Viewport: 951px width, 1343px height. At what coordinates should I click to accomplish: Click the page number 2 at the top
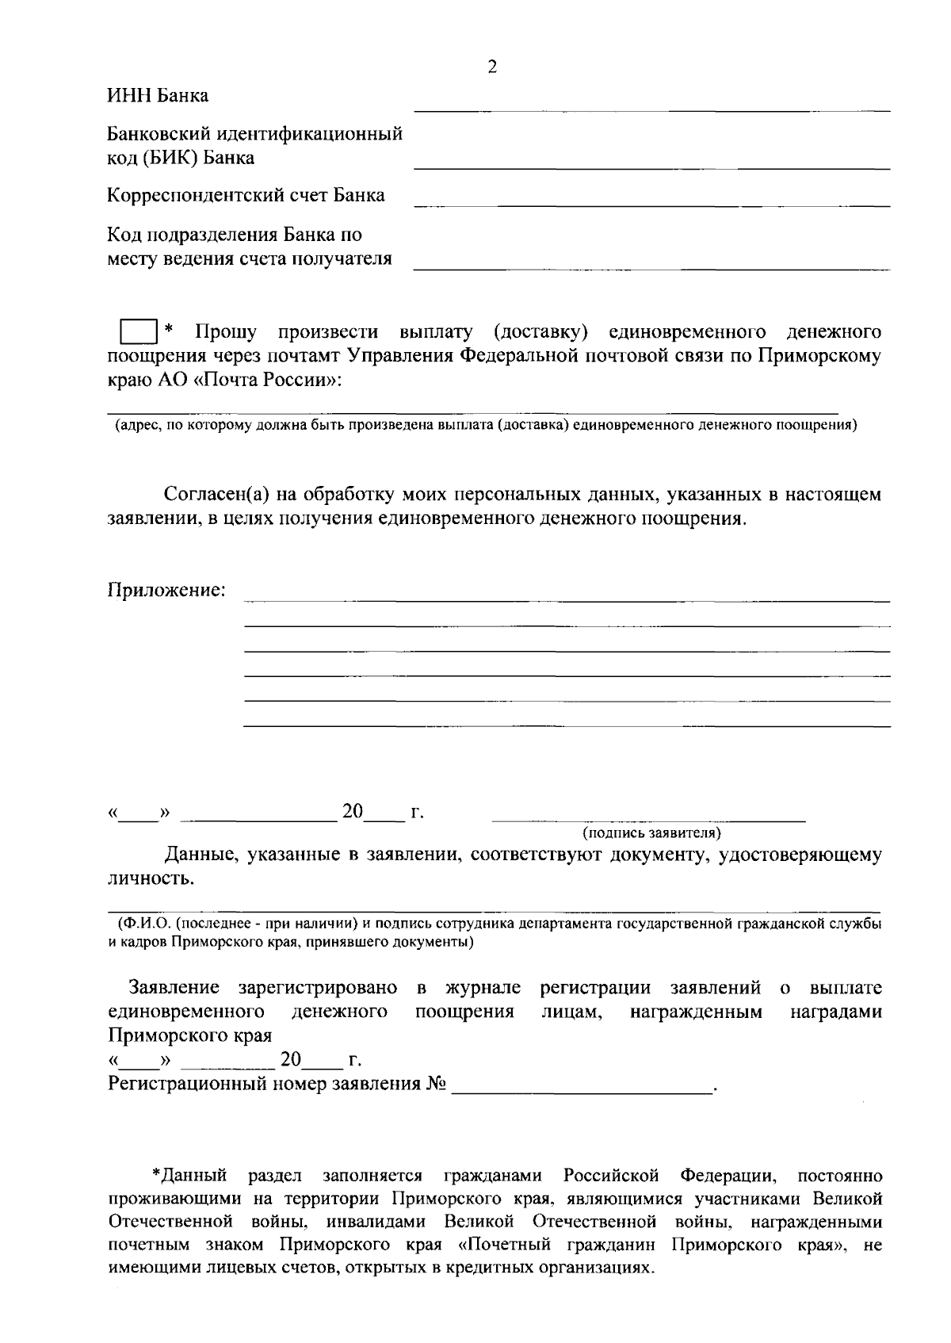pos(492,68)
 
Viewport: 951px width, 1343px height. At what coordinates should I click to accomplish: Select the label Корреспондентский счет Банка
pos(246,195)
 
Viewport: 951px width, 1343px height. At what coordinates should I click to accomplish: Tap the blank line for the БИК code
pos(651,168)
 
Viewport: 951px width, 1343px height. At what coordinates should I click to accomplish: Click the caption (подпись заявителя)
pos(651,833)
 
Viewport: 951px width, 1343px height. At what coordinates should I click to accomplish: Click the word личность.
pos(151,878)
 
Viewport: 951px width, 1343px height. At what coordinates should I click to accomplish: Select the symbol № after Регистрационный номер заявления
pos(435,1085)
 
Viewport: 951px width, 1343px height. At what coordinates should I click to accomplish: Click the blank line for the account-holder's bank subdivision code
pos(651,270)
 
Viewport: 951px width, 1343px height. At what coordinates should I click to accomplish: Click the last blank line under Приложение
pos(567,725)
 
